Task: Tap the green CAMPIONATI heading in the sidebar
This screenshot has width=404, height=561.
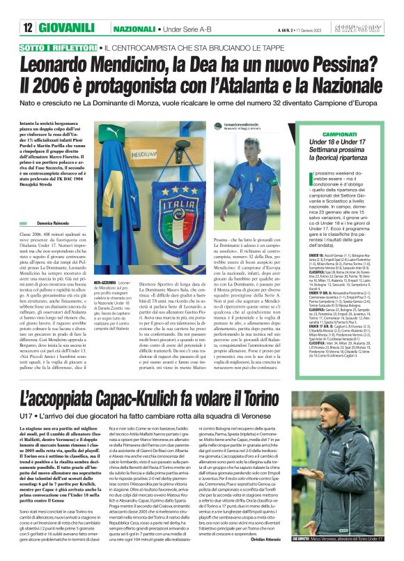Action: (338, 133)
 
